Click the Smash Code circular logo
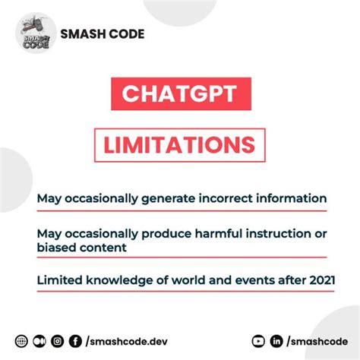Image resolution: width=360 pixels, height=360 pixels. click(x=36, y=34)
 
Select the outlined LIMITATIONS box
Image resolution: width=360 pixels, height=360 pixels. click(x=180, y=144)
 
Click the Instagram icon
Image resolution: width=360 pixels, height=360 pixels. click(x=57, y=342)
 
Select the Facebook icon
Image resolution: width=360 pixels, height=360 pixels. click(x=75, y=342)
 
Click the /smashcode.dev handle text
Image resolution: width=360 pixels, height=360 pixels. click(x=121, y=342)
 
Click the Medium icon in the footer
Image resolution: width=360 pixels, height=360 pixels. click(x=39, y=342)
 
